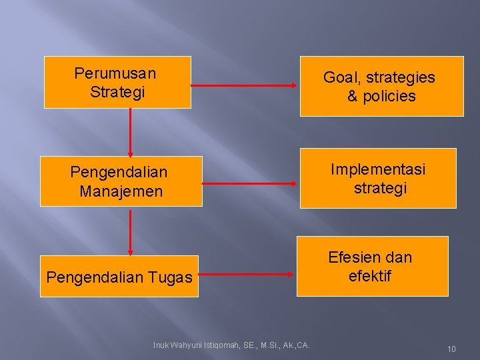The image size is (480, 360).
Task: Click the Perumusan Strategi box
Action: click(x=117, y=82)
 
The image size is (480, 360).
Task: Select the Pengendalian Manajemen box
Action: click(x=121, y=181)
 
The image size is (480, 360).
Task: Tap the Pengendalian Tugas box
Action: click(x=119, y=275)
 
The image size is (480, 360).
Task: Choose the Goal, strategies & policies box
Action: click(x=381, y=87)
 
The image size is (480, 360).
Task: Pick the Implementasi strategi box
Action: click(x=378, y=178)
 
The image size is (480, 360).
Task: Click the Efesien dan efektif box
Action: click(x=372, y=266)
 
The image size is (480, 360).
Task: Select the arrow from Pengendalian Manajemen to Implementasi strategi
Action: click(x=249, y=182)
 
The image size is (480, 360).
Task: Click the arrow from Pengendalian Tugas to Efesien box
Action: click(x=247, y=274)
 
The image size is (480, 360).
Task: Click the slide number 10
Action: click(x=451, y=349)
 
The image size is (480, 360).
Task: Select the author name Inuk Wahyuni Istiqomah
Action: click(x=231, y=345)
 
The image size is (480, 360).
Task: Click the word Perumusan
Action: click(x=115, y=73)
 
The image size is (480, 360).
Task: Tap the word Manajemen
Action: click(x=121, y=192)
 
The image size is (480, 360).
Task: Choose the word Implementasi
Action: click(x=378, y=169)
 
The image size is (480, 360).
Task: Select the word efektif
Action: click(x=369, y=275)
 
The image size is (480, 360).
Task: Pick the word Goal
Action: click(x=338, y=77)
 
